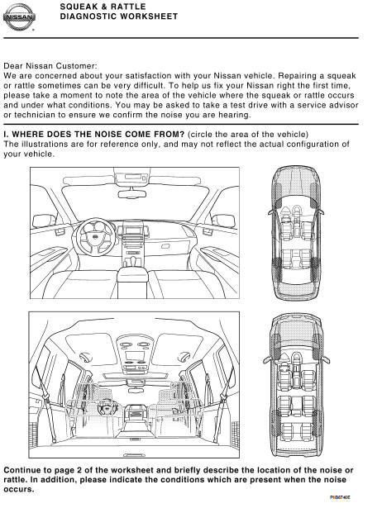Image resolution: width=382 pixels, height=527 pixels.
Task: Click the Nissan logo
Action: pyautogui.click(x=19, y=17)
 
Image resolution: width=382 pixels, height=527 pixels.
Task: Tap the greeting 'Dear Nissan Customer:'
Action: pyautogui.click(x=50, y=66)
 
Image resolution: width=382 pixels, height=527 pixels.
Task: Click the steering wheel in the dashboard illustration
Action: pyautogui.click(x=95, y=236)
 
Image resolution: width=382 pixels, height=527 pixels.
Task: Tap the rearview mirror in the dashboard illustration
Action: pyautogui.click(x=132, y=194)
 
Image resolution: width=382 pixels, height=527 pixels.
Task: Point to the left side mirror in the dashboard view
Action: pyautogui.click(x=45, y=221)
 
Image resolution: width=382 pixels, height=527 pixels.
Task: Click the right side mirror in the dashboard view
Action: pyautogui.click(x=224, y=221)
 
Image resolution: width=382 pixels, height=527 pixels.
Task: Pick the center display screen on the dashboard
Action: pyautogui.click(x=133, y=230)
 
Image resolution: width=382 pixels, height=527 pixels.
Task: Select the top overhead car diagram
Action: pyautogui.click(x=296, y=233)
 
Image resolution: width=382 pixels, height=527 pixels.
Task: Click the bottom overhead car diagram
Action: pyautogui.click(x=296, y=384)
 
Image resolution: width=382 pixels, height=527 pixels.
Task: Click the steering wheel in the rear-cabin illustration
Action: pyautogui.click(x=107, y=407)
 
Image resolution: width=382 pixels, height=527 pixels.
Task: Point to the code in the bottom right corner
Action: pyautogui.click(x=341, y=497)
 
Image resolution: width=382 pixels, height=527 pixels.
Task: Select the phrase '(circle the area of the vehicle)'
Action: pyautogui.click(x=248, y=135)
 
